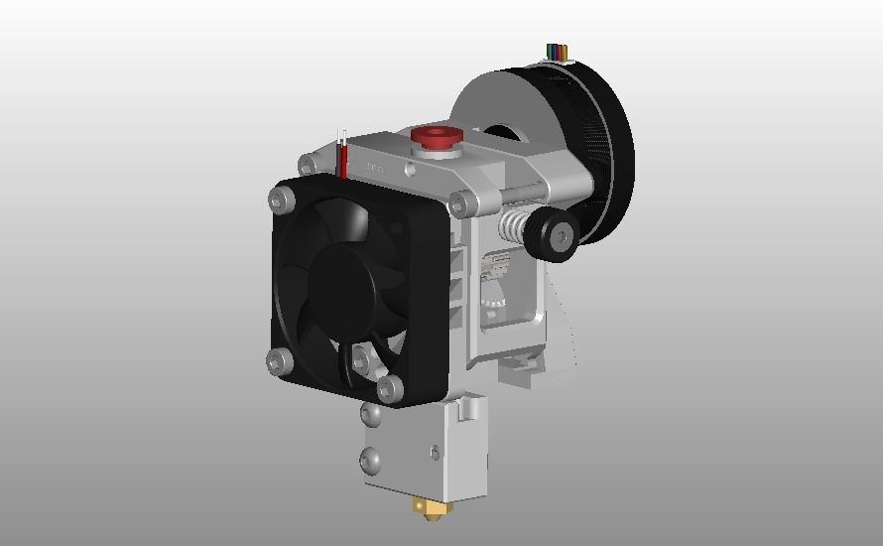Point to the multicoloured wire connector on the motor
[559, 52]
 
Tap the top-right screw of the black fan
[458, 205]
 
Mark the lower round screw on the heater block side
[371, 460]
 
